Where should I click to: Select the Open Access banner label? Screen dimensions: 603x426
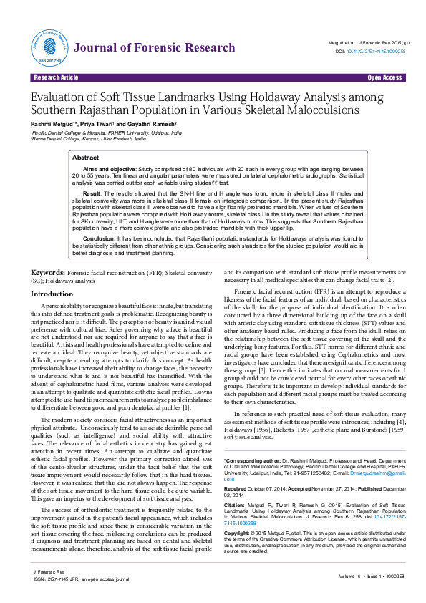[384, 77]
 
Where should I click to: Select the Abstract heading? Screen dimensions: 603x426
[86, 157]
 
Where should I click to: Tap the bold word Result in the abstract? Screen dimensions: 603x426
[92, 193]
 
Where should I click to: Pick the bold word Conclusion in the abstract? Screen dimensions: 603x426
[99, 238]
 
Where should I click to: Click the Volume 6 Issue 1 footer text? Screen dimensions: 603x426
[372, 576]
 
